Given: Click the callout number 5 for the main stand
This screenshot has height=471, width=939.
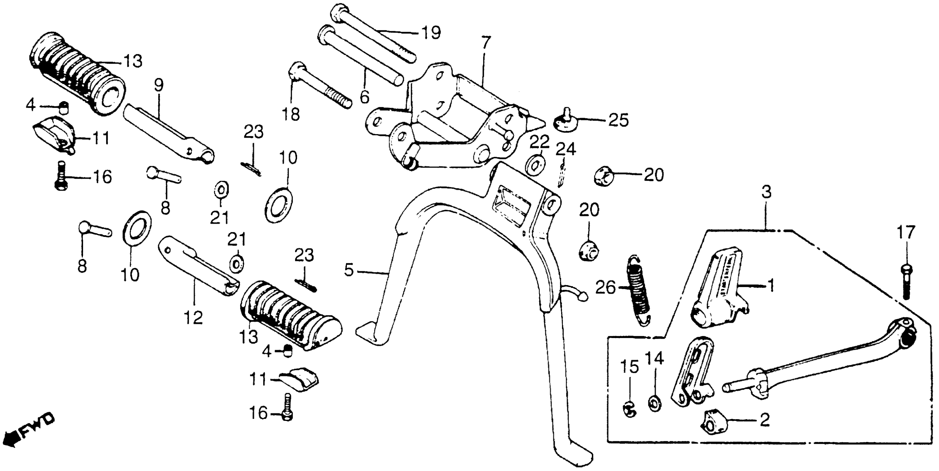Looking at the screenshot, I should (x=349, y=270).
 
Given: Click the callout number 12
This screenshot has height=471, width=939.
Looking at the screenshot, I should (x=193, y=318).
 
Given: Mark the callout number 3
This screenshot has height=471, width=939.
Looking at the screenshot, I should (x=767, y=192).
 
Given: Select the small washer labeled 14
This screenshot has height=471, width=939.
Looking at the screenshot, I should (x=655, y=404).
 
